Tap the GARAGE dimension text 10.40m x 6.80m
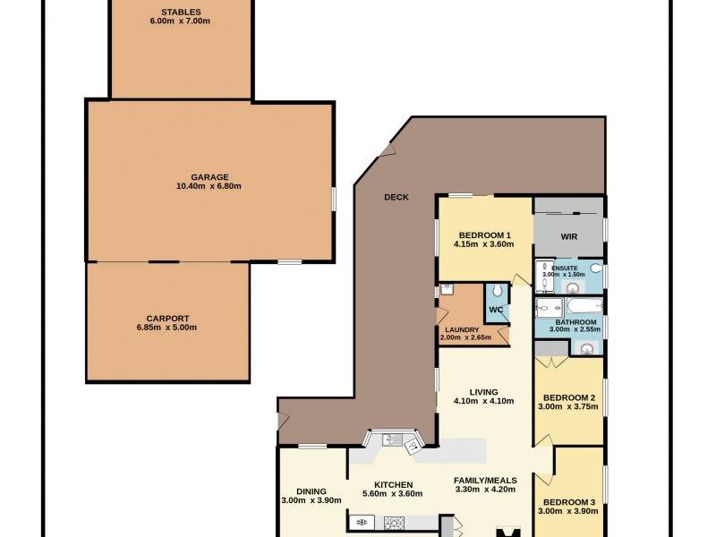coord(209,186)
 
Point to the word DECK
coord(396,197)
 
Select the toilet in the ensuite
coord(596,267)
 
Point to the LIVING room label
coord(483,392)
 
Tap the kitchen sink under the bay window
coord(388,439)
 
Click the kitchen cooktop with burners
coord(394,521)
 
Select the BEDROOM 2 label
coord(567,397)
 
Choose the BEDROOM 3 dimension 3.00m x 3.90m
coord(568,510)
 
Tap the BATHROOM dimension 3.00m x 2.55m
coord(570,329)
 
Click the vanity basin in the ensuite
coord(571,286)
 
